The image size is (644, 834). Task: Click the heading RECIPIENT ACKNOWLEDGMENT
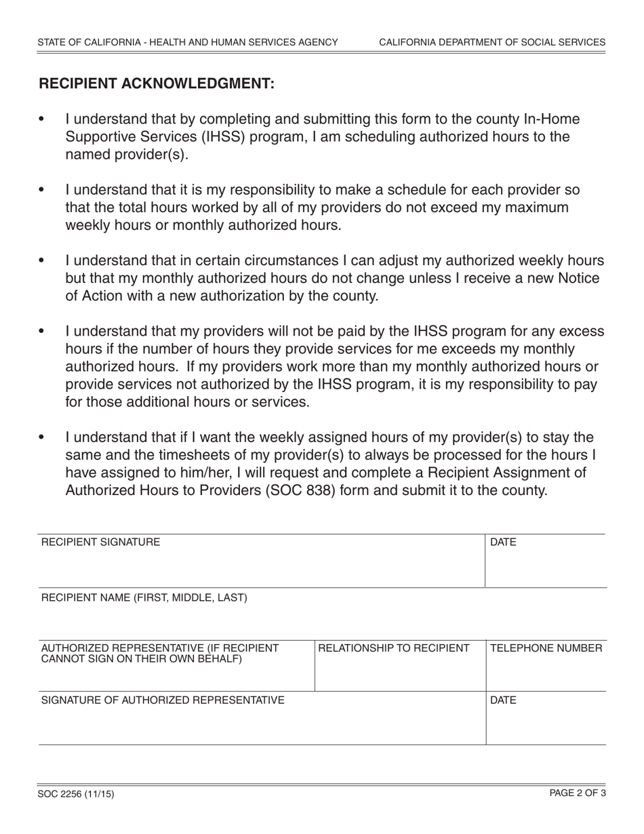tap(157, 83)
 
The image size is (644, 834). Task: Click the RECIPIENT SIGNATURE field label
tap(101, 542)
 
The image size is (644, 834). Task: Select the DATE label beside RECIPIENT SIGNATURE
tap(503, 542)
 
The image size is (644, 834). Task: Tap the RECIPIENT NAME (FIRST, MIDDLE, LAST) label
tap(144, 597)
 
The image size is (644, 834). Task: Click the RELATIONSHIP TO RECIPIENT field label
tap(394, 648)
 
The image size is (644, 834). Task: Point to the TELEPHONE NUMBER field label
tap(546, 648)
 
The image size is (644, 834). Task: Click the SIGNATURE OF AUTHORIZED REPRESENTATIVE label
tap(163, 700)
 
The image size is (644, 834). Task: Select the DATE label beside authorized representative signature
tap(503, 700)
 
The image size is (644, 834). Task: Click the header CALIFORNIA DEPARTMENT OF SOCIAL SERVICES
tap(492, 42)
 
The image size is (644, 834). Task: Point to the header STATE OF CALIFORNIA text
tap(188, 42)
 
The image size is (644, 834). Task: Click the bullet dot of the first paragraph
tap(42, 120)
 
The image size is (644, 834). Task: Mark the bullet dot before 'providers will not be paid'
tap(42, 332)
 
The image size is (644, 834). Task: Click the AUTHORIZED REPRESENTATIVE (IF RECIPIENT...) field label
tap(160, 653)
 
